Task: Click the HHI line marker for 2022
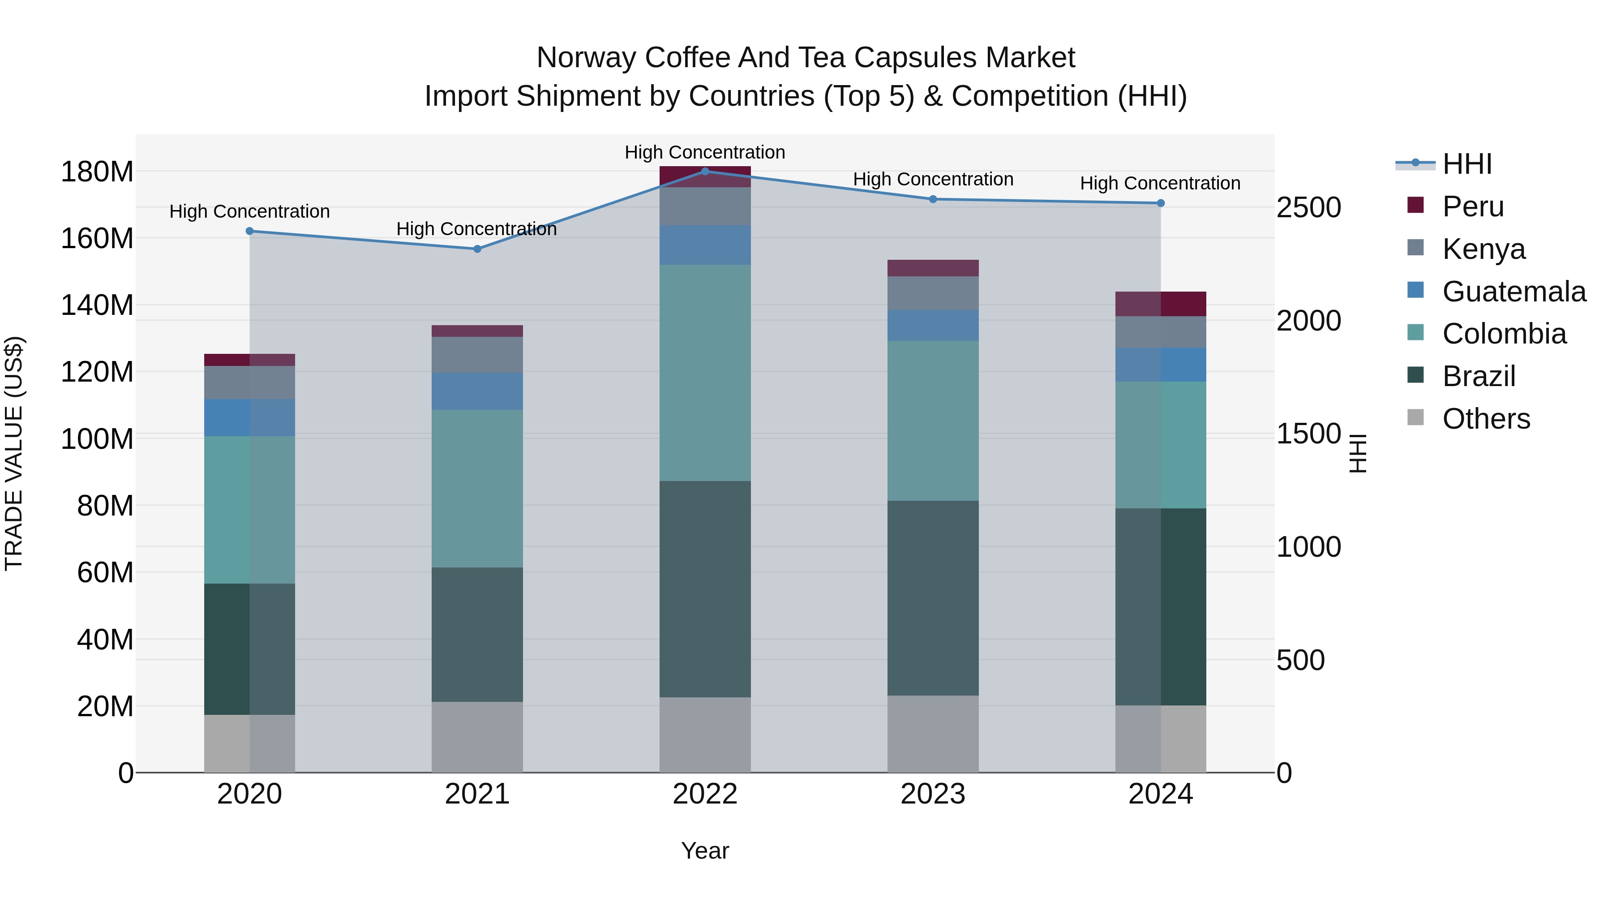pos(705,171)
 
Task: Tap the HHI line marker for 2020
pos(250,231)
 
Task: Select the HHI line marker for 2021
pos(477,249)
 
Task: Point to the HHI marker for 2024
pos(1161,203)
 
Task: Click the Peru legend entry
pos(1472,206)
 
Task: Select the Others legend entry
pos(1486,419)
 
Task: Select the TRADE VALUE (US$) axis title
pos(14,453)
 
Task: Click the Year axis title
pos(705,851)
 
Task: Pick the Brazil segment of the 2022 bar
pos(705,589)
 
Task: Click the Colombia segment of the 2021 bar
pos(477,488)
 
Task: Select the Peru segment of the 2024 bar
pos(1161,304)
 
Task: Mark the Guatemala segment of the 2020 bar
pos(250,417)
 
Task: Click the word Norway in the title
pos(587,58)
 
